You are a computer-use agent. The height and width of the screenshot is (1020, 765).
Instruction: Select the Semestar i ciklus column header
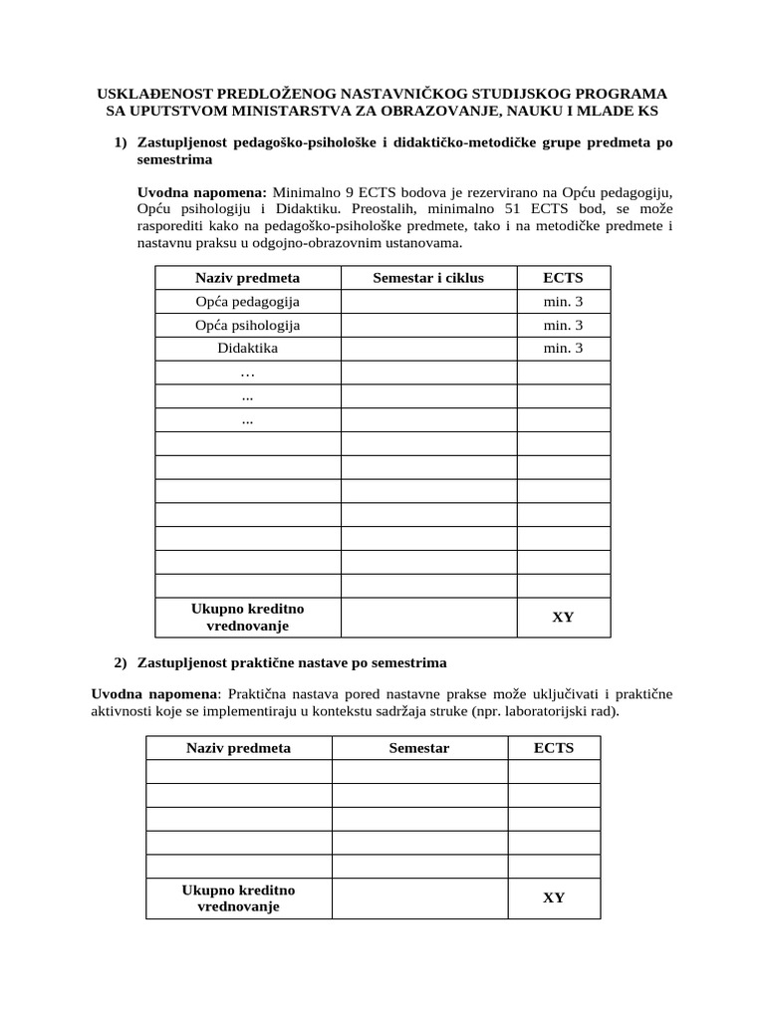(427, 278)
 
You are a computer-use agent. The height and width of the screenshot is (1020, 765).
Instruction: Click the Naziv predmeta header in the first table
(248, 278)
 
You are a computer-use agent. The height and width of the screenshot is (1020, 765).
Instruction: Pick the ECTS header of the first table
(563, 278)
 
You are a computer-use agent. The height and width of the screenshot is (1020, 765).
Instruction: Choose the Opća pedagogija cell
(248, 302)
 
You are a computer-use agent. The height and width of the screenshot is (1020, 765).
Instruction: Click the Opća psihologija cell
(248, 326)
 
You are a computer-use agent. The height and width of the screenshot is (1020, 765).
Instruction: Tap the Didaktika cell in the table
(248, 349)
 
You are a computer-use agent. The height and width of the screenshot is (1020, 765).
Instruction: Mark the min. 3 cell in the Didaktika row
(563, 349)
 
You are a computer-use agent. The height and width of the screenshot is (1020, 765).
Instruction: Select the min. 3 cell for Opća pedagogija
(563, 302)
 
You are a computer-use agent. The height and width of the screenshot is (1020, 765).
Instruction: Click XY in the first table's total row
(563, 617)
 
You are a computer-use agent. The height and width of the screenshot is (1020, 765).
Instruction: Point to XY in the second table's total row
(554, 897)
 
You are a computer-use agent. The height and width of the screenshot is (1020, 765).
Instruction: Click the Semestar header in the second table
(419, 748)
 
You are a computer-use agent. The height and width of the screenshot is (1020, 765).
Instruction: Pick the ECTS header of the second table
(554, 748)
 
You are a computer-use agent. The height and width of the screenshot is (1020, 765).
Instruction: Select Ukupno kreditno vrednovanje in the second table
(238, 898)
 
